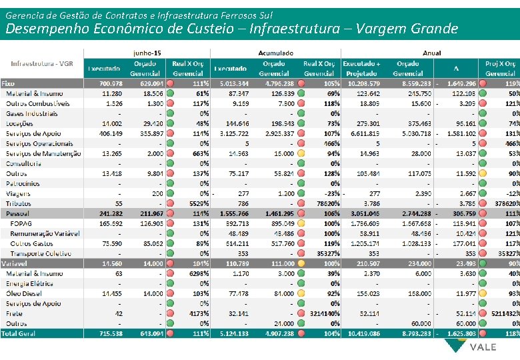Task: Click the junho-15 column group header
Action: tap(147, 51)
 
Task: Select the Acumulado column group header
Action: tap(275, 51)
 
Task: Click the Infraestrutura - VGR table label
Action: tap(41, 63)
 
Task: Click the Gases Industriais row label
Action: tap(31, 114)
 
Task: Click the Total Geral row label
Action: tap(20, 333)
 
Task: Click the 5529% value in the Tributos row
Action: tap(198, 203)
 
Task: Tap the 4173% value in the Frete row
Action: tap(198, 313)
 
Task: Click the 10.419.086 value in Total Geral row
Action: tap(364, 333)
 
